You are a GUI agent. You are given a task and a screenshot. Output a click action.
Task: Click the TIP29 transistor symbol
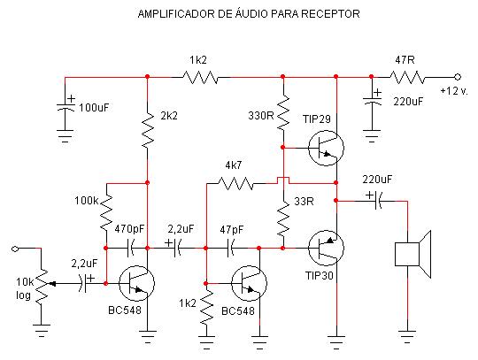(x=326, y=148)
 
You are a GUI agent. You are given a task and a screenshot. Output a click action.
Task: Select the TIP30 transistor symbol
(x=326, y=248)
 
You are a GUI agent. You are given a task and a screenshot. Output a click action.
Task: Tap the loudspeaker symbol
(x=412, y=255)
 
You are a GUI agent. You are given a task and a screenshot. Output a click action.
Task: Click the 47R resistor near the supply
(x=407, y=77)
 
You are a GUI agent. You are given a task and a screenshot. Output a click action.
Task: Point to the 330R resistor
(x=283, y=112)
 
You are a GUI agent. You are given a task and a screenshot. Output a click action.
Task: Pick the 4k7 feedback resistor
(x=235, y=184)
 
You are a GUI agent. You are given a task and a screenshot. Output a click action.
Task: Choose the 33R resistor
(x=283, y=218)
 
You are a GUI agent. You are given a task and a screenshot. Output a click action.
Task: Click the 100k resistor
(x=106, y=212)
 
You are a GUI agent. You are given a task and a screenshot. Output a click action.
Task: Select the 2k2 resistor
(x=148, y=130)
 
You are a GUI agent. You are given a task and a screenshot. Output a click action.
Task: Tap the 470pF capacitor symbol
(x=130, y=249)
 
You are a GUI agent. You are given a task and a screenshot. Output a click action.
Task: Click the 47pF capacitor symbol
(x=231, y=249)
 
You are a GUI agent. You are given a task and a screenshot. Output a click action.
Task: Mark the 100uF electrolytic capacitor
(x=66, y=106)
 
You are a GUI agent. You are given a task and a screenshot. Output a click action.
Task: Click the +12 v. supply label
(x=454, y=91)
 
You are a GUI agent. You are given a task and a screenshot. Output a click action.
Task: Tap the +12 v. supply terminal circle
(x=458, y=77)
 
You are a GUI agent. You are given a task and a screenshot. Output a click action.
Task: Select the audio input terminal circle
(x=15, y=249)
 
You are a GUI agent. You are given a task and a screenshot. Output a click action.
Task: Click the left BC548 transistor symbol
(x=136, y=283)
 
